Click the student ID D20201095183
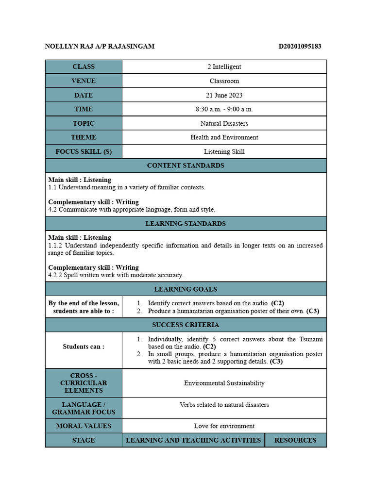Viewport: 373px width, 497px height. point(300,47)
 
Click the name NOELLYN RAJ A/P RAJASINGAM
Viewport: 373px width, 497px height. point(100,47)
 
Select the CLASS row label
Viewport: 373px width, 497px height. point(84,67)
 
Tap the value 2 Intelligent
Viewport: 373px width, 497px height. point(224,67)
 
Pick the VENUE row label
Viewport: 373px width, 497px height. point(84,81)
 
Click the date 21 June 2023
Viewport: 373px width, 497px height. point(224,95)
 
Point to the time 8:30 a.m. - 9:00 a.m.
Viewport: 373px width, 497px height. point(224,109)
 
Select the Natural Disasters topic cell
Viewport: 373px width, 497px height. point(224,123)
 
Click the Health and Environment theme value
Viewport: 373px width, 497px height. point(224,137)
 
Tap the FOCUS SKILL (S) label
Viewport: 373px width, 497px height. point(84,151)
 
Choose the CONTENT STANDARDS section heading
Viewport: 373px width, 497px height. point(186,166)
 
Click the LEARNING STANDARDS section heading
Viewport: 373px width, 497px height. point(186,224)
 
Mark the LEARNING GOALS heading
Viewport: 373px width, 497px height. point(186,289)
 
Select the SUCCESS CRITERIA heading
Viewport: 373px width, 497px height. point(186,325)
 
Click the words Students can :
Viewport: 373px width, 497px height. point(84,347)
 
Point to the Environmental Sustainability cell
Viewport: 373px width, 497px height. point(224,383)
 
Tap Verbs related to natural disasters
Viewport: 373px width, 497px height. point(224,405)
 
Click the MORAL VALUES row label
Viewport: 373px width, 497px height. point(84,426)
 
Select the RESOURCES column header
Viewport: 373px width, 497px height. point(295,440)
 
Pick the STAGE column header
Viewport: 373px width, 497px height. point(84,440)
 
